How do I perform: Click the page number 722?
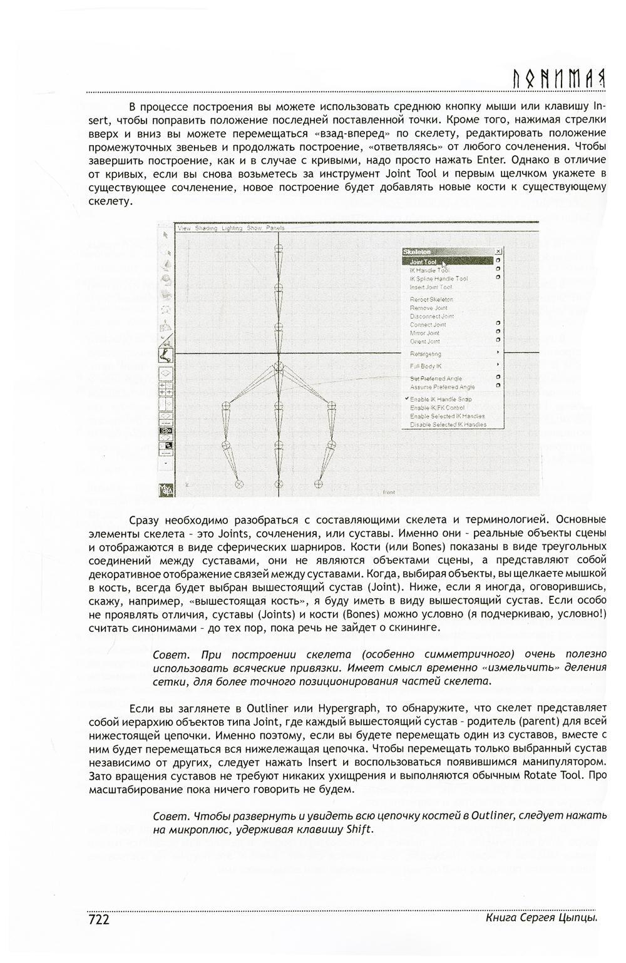point(99,919)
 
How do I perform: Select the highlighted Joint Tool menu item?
point(423,262)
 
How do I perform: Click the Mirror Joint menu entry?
point(424,334)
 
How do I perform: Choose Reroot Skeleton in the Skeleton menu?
point(431,300)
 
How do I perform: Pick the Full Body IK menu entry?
point(426,366)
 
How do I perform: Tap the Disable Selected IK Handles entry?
point(448,425)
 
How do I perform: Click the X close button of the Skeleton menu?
point(498,252)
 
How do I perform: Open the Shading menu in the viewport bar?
point(205,228)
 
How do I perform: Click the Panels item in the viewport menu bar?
point(275,228)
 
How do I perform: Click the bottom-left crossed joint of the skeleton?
point(239,484)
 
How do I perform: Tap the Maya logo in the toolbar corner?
point(167,489)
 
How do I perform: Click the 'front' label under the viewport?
point(389,492)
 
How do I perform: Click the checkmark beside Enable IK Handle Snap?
point(406,399)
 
